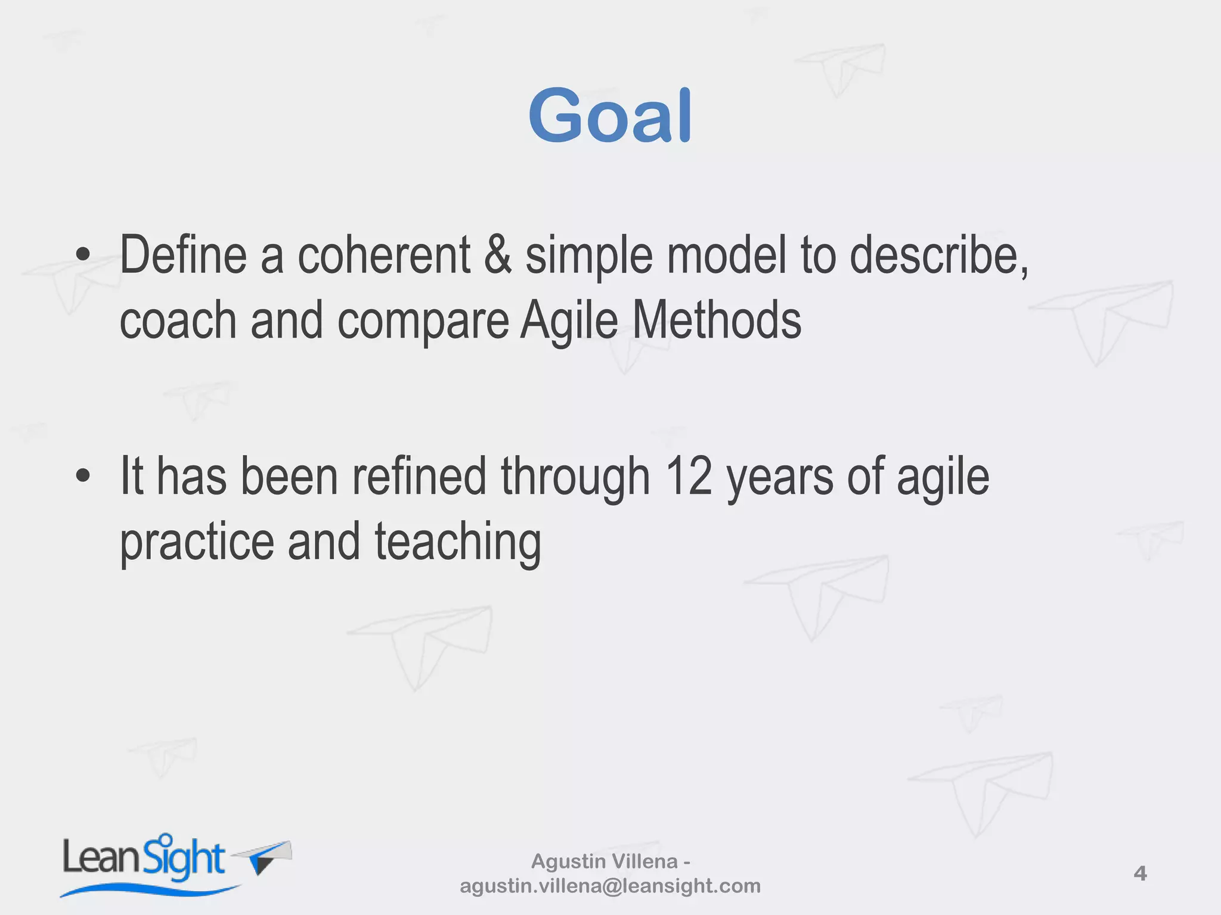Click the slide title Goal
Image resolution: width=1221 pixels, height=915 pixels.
(x=610, y=116)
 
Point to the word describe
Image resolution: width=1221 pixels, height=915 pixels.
(x=937, y=256)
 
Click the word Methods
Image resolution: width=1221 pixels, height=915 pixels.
(x=717, y=320)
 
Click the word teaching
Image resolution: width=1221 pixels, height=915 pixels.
(x=458, y=543)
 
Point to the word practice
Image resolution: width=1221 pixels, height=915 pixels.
(x=197, y=543)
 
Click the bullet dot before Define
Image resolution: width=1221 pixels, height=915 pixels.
(x=83, y=256)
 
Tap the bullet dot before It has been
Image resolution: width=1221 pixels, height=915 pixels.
(x=83, y=476)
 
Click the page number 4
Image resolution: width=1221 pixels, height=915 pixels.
(x=1140, y=874)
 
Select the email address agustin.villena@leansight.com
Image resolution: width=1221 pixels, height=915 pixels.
(x=610, y=886)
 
